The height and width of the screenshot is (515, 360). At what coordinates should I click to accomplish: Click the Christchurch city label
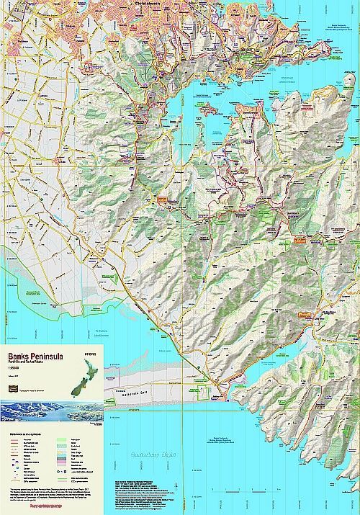pyautogui.click(x=154, y=4)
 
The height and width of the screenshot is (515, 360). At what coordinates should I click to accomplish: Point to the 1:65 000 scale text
pyautogui.click(x=15, y=370)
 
